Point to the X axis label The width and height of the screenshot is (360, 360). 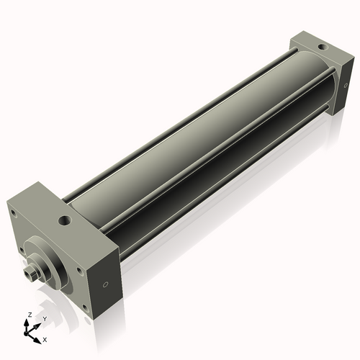pos(45,338)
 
